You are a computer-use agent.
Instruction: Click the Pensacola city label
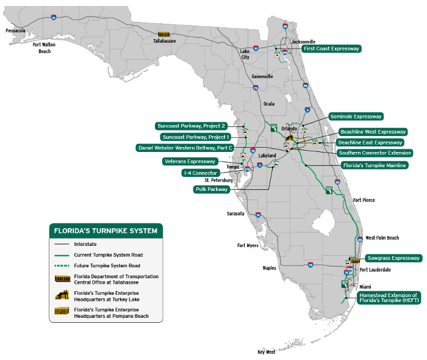(x=16, y=30)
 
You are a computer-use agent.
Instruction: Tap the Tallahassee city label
(x=164, y=41)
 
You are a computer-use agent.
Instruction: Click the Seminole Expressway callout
(x=356, y=116)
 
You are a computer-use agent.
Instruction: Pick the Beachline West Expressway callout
(x=373, y=132)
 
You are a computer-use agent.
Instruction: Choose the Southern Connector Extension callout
(x=375, y=153)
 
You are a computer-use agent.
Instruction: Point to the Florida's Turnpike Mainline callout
(x=374, y=165)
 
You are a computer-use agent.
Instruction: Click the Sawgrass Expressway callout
(x=394, y=258)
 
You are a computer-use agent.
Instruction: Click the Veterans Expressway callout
(x=190, y=161)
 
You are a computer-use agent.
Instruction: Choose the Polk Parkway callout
(x=211, y=189)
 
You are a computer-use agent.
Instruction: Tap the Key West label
(x=266, y=352)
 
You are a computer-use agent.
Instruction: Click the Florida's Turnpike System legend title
(x=106, y=231)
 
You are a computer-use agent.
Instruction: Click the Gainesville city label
(x=262, y=76)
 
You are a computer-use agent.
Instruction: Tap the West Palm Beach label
(x=382, y=238)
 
